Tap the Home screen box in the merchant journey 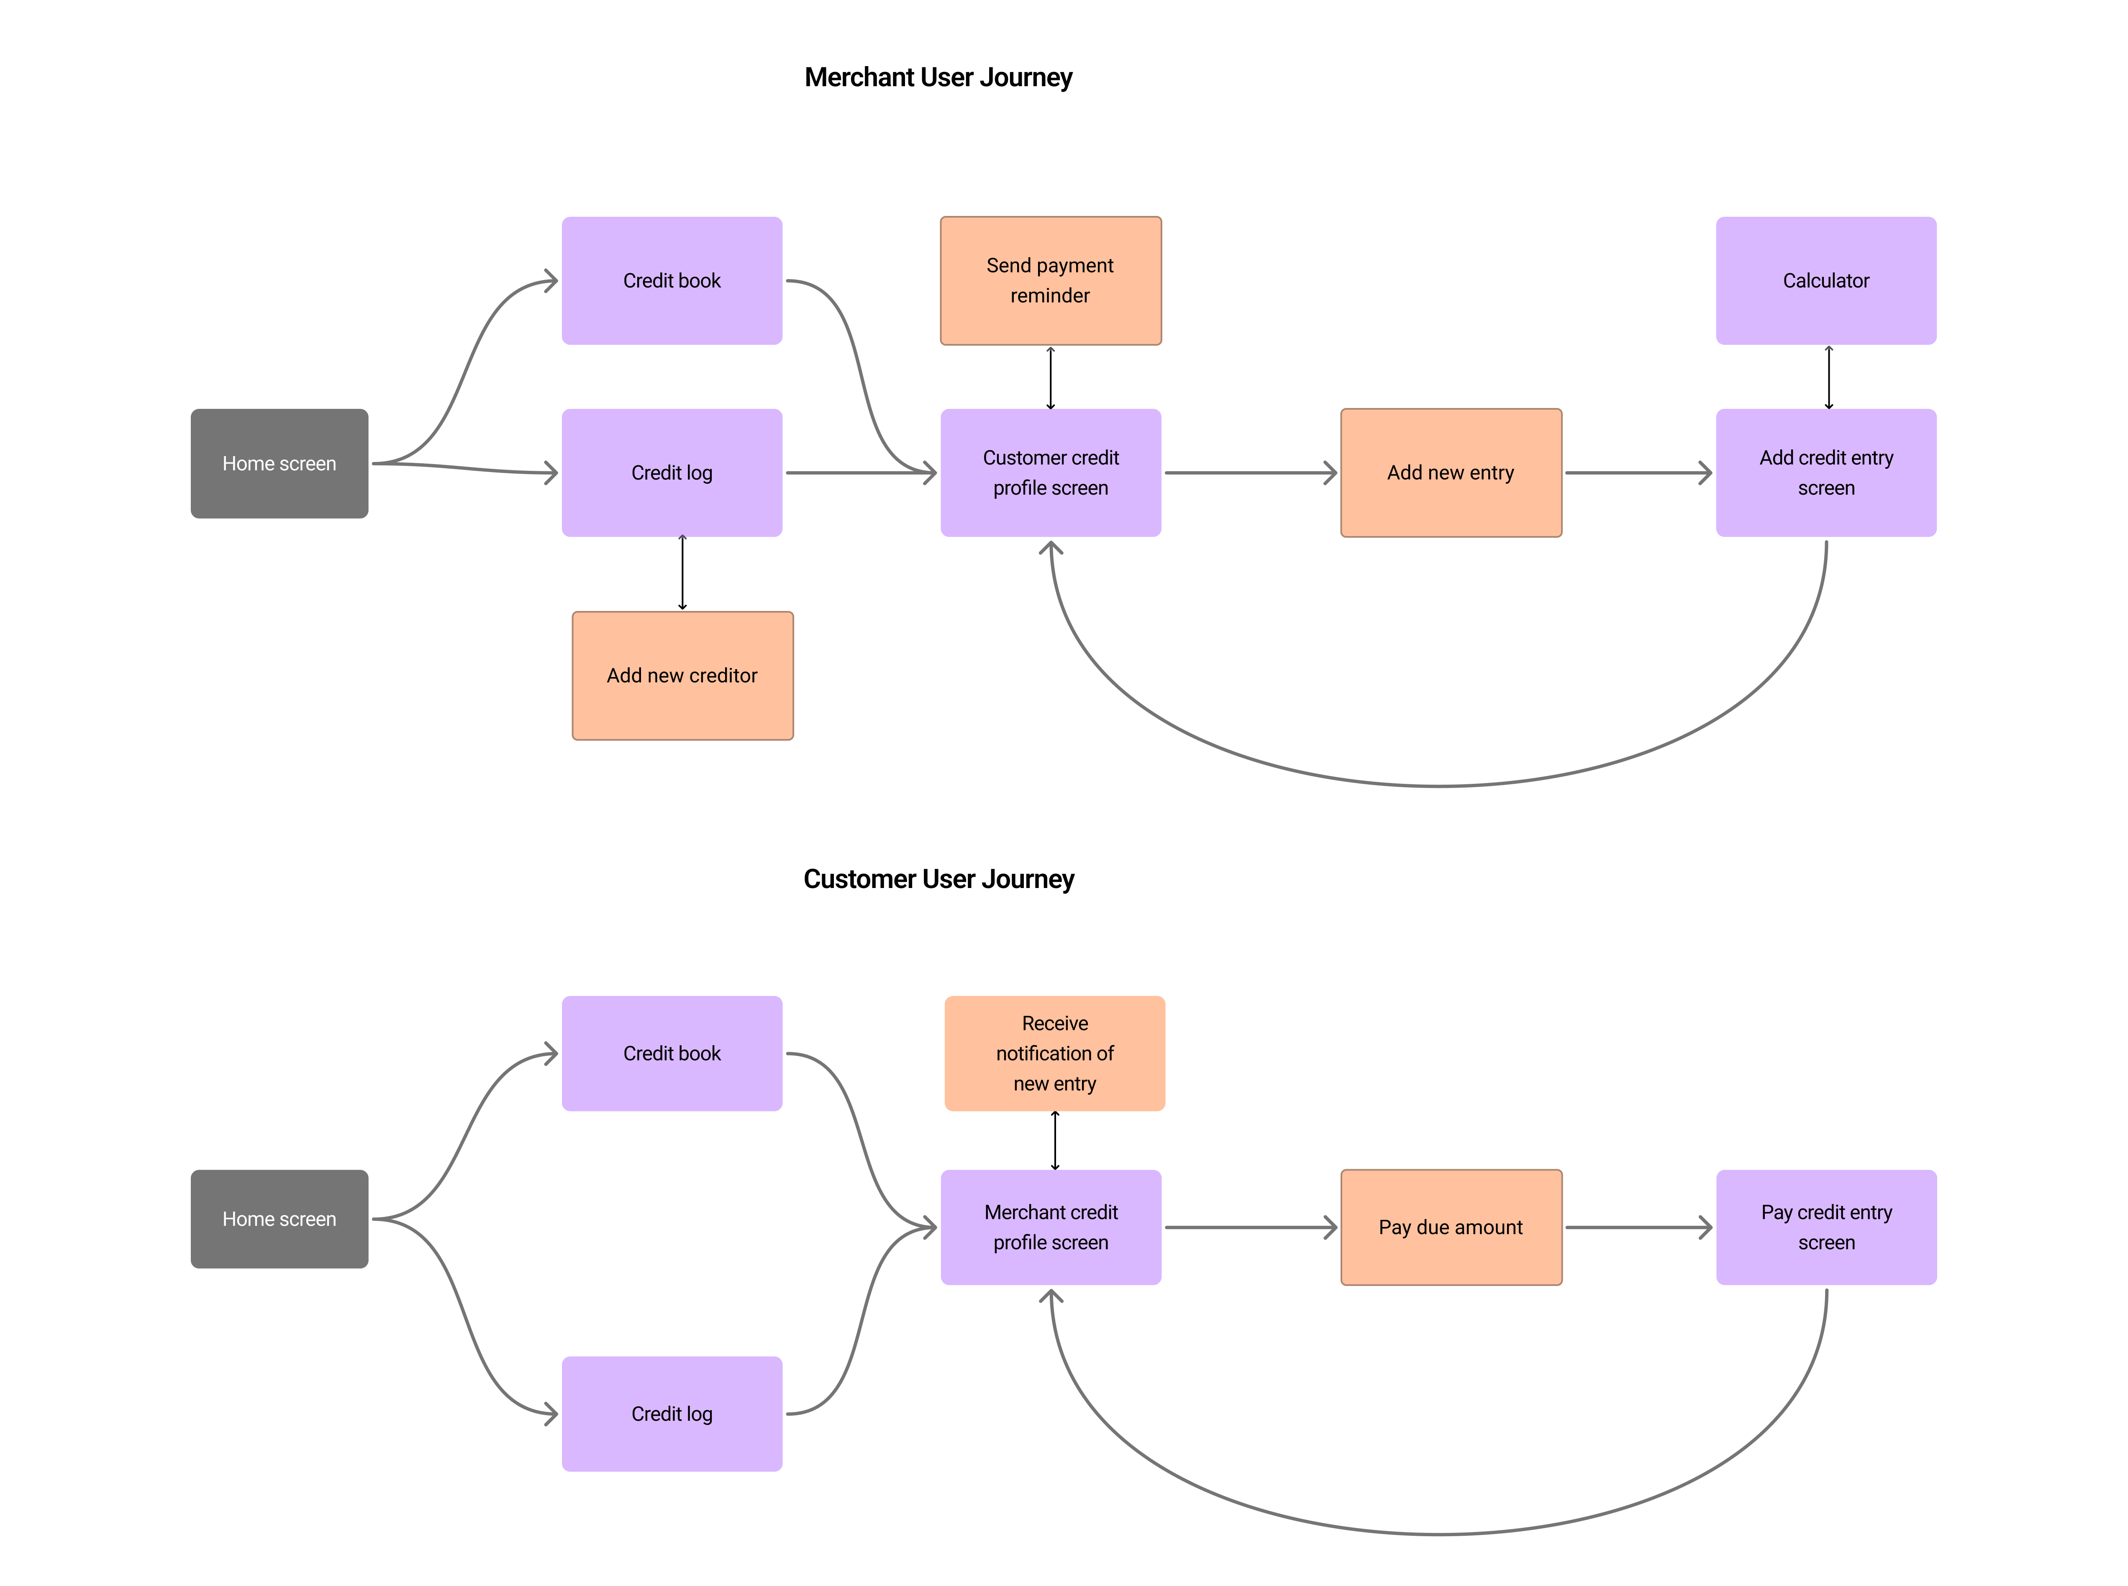(279, 464)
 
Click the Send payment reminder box (1050, 280)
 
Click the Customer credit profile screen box (1050, 472)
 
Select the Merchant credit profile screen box (1050, 1227)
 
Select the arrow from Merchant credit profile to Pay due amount (1250, 1227)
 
